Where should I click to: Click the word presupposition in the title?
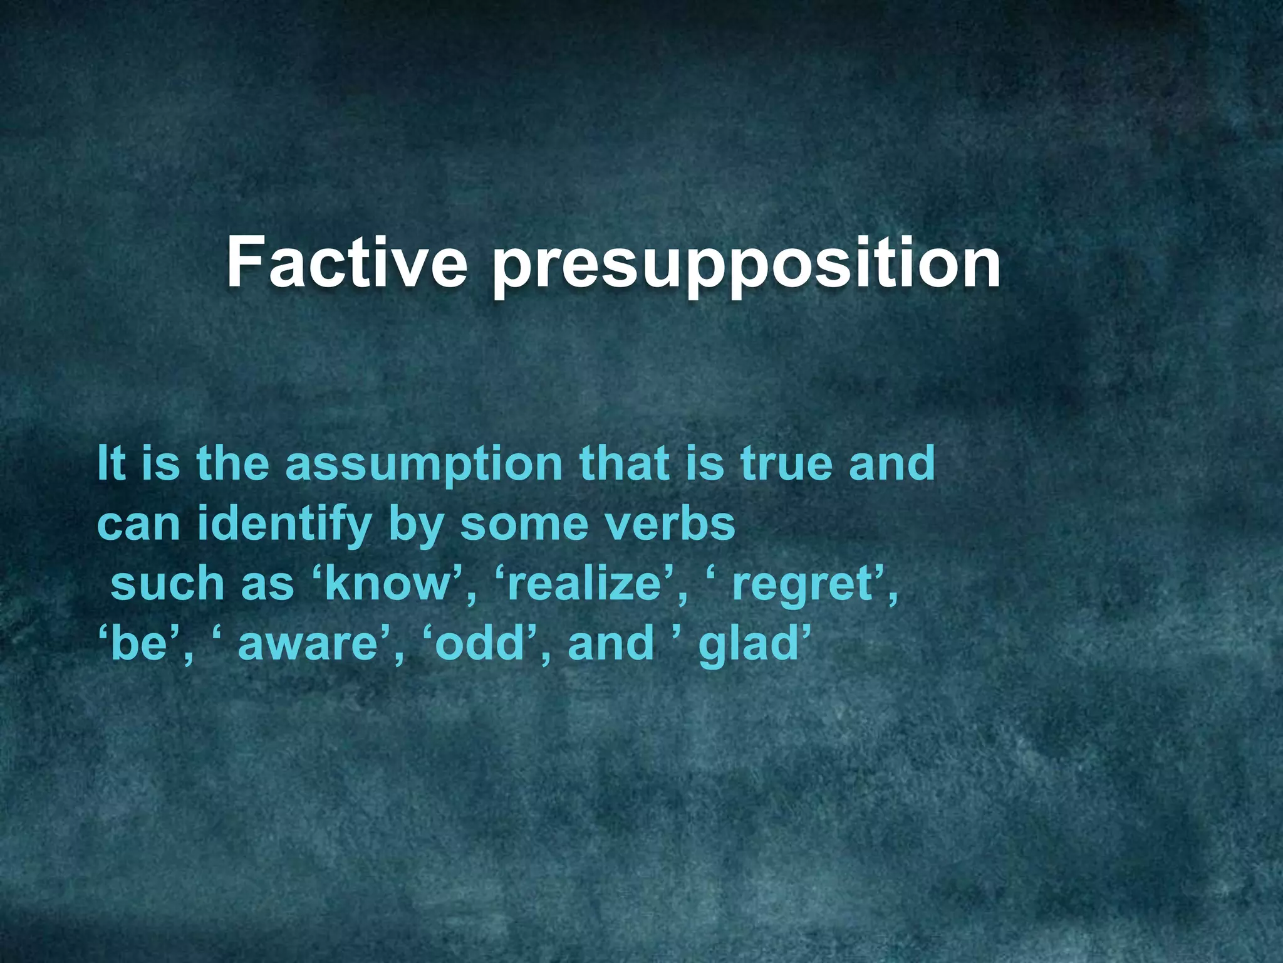pyautogui.click(x=745, y=266)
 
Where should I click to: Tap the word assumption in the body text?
pyautogui.click(x=424, y=464)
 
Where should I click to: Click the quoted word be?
pyautogui.click(x=137, y=644)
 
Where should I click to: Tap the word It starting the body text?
pyautogui.click(x=112, y=463)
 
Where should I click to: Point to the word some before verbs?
pyautogui.click(x=524, y=524)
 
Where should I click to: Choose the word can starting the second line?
pyautogui.click(x=138, y=524)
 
